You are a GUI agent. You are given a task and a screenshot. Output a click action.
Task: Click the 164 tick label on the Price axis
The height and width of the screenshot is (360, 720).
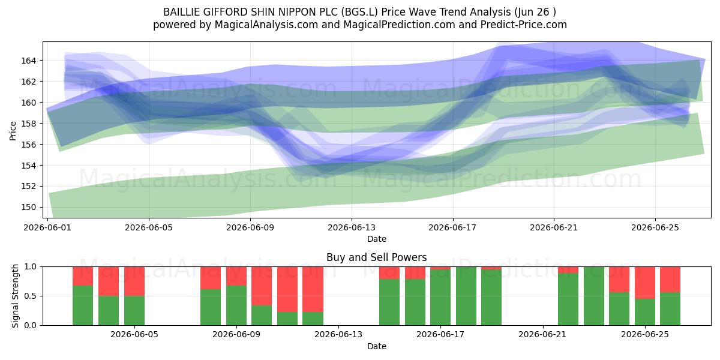click(29, 61)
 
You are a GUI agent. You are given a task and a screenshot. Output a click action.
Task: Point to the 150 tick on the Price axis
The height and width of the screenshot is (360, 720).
click(29, 208)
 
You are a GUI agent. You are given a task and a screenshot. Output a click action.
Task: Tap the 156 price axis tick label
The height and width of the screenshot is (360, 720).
click(29, 145)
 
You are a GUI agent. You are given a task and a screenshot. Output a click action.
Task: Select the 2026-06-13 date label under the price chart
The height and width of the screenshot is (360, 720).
click(352, 227)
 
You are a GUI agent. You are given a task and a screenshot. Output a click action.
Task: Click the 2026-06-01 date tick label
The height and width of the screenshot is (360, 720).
click(47, 227)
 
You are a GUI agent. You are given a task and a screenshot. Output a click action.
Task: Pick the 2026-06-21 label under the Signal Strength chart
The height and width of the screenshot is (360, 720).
click(543, 335)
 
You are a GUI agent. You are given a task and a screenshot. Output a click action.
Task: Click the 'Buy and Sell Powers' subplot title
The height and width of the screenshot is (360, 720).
click(377, 257)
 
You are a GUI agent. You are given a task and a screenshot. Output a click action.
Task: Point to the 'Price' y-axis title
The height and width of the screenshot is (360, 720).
click(13, 131)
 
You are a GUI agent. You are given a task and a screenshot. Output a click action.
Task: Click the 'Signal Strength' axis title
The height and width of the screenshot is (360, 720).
click(15, 296)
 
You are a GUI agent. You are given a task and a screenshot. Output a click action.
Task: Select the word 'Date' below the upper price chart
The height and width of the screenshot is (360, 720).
click(377, 239)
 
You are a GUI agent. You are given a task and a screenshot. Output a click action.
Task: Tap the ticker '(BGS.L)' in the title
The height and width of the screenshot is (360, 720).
click(359, 12)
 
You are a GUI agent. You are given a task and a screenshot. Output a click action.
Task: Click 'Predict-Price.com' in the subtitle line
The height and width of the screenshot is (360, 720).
click(524, 25)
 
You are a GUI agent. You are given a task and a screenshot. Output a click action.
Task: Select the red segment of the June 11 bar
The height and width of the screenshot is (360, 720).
click(287, 289)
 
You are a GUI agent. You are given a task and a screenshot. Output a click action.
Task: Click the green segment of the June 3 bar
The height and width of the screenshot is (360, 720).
click(109, 311)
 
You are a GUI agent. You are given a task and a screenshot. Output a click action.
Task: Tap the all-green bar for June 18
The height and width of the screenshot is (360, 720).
click(466, 296)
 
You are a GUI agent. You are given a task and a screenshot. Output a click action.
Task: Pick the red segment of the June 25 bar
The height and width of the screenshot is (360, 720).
click(645, 283)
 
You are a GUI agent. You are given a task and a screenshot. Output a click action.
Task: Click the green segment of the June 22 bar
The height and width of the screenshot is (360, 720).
click(568, 299)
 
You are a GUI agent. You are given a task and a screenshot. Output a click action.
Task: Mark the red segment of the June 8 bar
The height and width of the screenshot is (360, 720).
click(211, 278)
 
